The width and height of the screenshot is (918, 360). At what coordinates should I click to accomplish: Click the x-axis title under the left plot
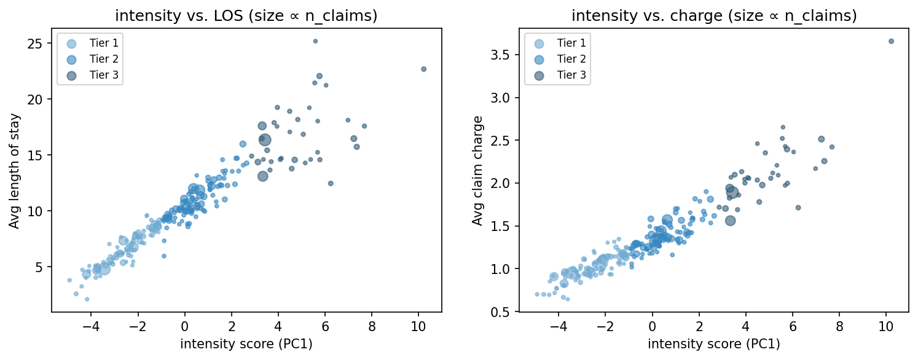(246, 344)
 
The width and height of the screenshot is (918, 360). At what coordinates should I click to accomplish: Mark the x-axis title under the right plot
(713, 344)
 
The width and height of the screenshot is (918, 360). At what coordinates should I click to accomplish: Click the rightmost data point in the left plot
(423, 69)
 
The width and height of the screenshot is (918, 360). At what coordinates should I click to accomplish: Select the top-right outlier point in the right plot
(891, 41)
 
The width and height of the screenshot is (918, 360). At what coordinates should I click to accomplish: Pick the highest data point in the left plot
(315, 41)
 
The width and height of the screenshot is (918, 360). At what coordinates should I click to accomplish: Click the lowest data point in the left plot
(87, 299)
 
